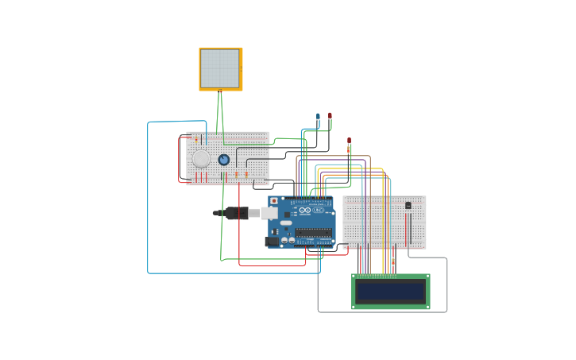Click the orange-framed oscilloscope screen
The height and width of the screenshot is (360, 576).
220,68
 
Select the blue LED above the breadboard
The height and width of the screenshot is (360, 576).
318,117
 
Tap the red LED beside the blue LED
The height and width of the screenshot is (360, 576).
330,116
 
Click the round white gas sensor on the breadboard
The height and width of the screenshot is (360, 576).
202,159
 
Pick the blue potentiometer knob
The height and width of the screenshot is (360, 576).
224,160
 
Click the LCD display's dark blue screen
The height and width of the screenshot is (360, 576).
390,291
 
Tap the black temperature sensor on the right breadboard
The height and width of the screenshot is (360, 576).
408,205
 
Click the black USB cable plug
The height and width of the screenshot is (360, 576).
237,213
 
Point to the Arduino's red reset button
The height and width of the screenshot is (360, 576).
274,201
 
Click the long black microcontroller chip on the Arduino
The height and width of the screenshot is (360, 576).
314,234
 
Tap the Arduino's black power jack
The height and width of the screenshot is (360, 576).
272,241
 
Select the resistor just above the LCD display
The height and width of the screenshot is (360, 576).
392,261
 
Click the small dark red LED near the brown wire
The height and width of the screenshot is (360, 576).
349,141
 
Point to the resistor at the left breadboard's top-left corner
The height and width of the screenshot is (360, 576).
196,138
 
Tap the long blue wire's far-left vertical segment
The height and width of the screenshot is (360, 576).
148,199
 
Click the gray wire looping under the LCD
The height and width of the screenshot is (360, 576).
381,312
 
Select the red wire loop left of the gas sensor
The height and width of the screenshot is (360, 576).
179,159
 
